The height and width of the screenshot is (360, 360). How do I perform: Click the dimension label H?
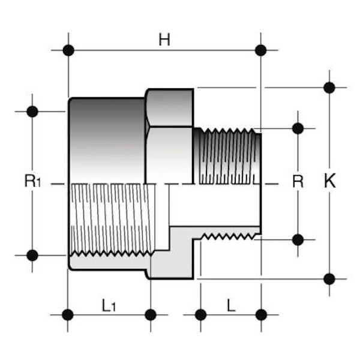164,40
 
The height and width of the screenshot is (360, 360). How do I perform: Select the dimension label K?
329,182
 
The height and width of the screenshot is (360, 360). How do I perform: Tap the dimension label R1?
32,182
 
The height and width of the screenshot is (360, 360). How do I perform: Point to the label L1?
109,306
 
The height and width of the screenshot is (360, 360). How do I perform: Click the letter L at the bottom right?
231,305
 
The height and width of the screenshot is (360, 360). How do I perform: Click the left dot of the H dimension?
68,50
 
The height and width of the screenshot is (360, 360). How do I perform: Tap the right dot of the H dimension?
260,50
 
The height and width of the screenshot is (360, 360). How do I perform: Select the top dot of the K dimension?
329,88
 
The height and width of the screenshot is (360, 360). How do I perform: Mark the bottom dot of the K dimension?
329,278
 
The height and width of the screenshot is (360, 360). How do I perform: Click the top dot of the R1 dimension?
32,111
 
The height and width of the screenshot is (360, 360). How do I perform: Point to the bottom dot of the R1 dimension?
32,255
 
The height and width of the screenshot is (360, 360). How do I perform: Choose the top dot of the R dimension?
298,128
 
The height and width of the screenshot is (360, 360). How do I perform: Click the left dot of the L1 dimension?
68,314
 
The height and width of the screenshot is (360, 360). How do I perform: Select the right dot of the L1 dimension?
151,314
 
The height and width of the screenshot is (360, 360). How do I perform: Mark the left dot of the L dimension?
201,314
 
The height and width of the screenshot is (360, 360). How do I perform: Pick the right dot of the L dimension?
261,314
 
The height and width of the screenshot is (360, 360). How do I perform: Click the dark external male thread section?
227,155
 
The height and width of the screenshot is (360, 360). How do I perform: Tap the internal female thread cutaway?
111,219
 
